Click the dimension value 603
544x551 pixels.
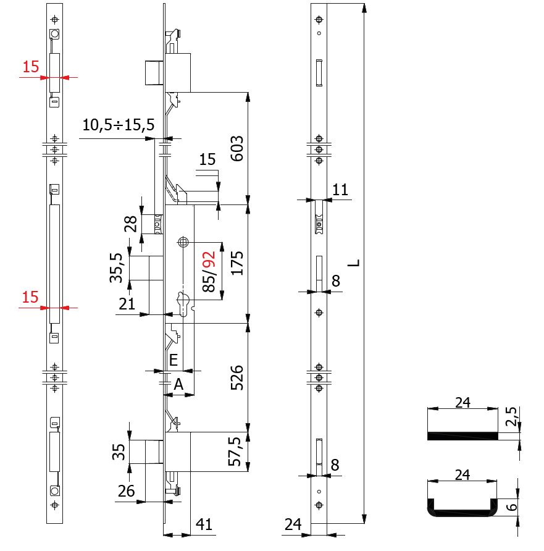click(237, 148)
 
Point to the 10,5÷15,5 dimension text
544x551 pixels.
click(118, 125)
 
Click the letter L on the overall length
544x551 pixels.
click(353, 263)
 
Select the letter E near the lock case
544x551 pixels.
click(174, 359)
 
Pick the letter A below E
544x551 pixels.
click(178, 384)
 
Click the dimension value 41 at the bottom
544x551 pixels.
click(204, 526)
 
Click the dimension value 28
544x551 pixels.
click(131, 223)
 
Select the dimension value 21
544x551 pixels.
click(127, 303)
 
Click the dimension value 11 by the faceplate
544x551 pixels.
click(340, 190)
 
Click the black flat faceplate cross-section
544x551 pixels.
click(462, 436)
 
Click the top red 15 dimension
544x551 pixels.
click(31, 67)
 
